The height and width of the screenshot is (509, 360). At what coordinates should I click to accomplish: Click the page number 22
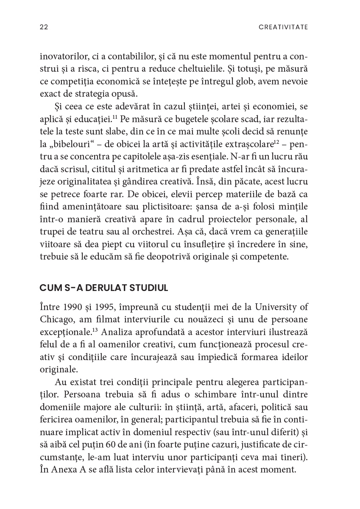44,27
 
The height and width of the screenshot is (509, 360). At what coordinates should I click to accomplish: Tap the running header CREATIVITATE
283,27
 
